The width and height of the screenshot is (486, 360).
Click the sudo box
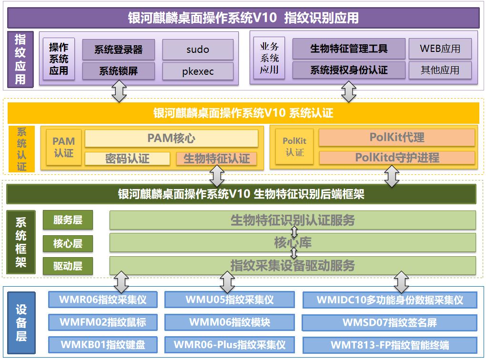pos(198,49)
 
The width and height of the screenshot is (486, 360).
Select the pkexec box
pos(198,71)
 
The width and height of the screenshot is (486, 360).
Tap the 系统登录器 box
pos(118,49)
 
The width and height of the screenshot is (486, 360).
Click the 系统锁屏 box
pos(118,71)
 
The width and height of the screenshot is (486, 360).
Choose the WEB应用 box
pos(440,49)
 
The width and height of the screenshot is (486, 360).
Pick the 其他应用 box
pos(440,70)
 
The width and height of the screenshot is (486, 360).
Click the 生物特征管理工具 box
pos(349,49)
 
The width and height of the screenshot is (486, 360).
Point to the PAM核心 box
pos(172,138)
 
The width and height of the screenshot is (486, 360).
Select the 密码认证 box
pos(127,159)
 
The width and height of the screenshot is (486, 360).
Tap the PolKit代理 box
pos(397,137)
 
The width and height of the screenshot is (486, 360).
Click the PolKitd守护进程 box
pos(397,158)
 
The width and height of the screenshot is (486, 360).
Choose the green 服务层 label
pos(68,220)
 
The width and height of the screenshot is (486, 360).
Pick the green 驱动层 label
pos(68,266)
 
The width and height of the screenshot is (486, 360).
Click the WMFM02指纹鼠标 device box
pos(103,322)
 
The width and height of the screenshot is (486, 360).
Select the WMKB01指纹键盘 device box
pos(103,345)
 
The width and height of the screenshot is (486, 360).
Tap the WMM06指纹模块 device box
pos(230,322)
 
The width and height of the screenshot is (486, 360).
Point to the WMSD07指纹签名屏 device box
pos(390,322)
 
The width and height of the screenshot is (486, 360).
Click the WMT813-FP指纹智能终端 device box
pos(390,345)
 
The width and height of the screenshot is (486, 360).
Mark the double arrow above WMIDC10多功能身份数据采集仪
pos(402,282)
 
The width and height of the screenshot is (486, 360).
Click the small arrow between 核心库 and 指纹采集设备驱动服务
pos(294,253)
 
